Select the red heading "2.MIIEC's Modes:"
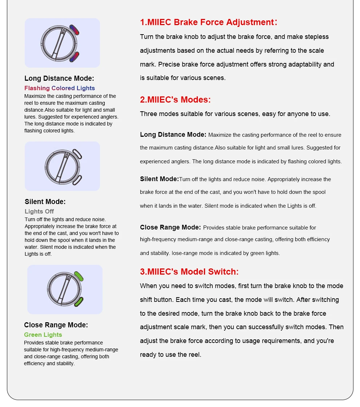(175, 100)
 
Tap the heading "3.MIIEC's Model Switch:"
(189, 272)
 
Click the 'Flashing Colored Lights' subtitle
(60, 88)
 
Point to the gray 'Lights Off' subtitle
(39, 211)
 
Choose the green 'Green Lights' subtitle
(43, 335)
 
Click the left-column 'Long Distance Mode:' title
(59, 78)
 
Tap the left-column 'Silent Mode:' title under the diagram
(45, 201)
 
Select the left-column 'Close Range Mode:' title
(56, 325)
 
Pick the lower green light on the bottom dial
(79, 302)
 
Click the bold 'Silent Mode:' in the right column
(159, 179)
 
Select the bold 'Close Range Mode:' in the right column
(170, 227)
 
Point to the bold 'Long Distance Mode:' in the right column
(173, 135)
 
